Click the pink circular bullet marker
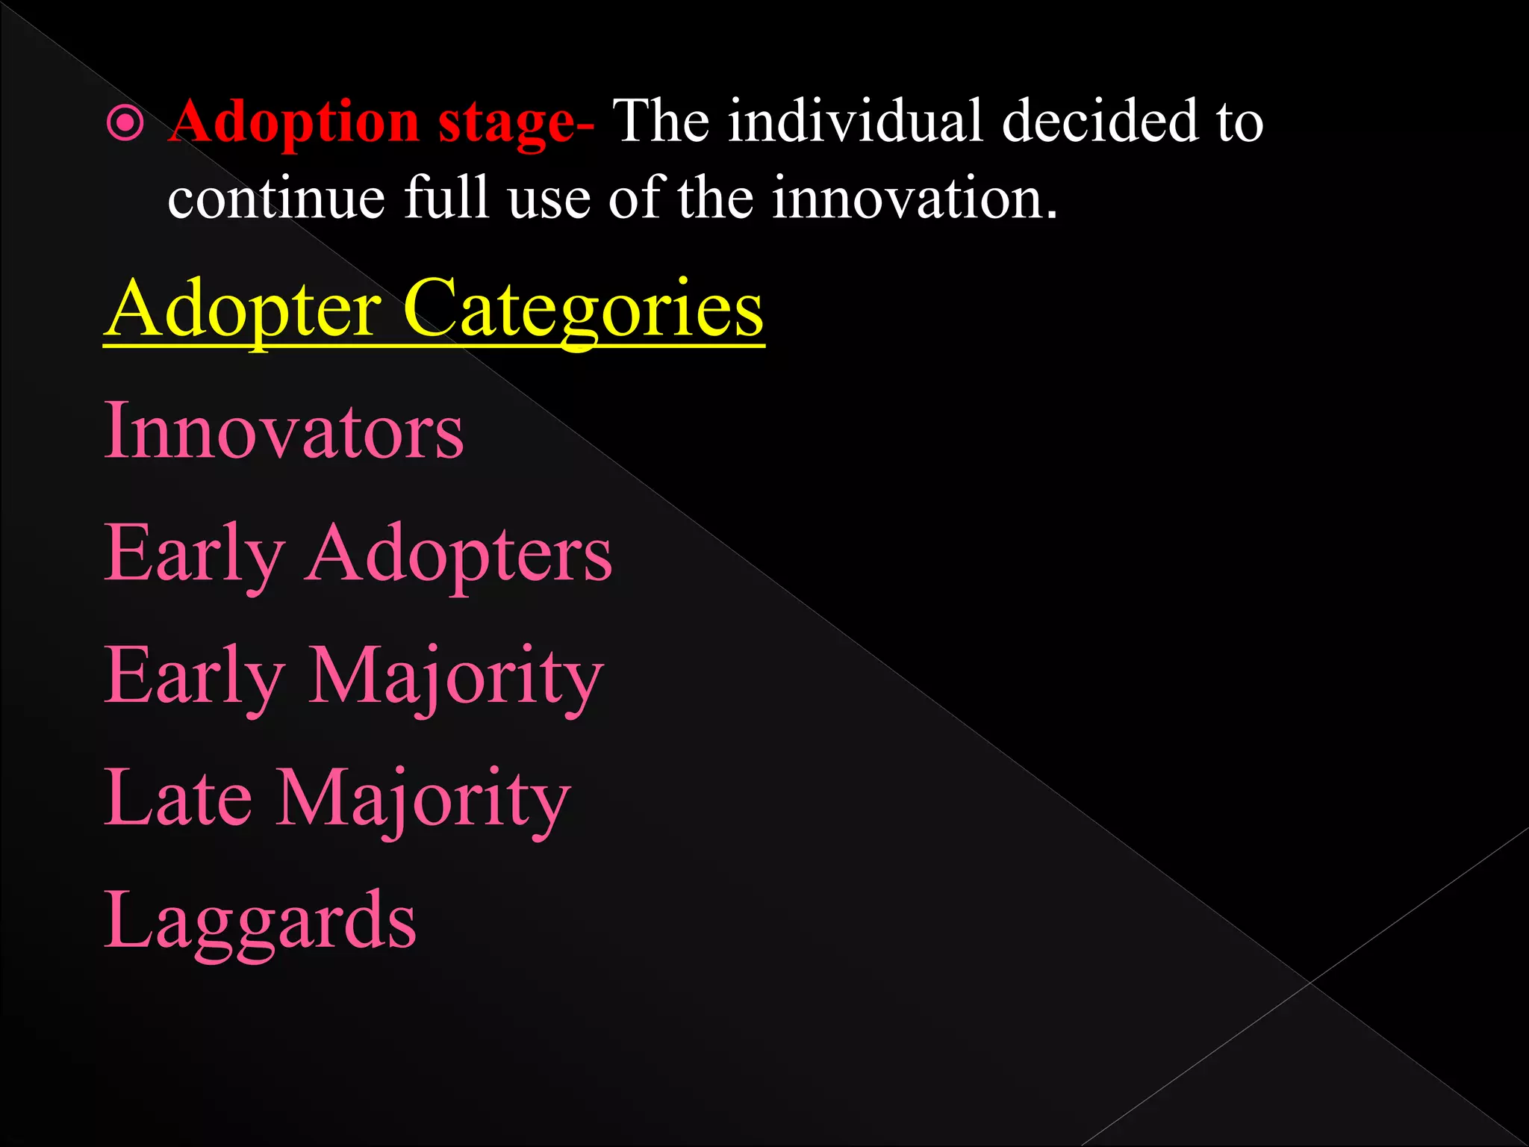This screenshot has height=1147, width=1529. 125,123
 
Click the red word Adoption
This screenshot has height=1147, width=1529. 293,122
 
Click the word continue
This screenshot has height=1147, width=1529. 276,199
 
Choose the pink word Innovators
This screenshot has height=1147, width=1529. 284,432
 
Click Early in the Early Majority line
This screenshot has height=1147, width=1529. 194,678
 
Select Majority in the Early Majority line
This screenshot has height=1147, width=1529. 455,678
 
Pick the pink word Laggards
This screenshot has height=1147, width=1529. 260,922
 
